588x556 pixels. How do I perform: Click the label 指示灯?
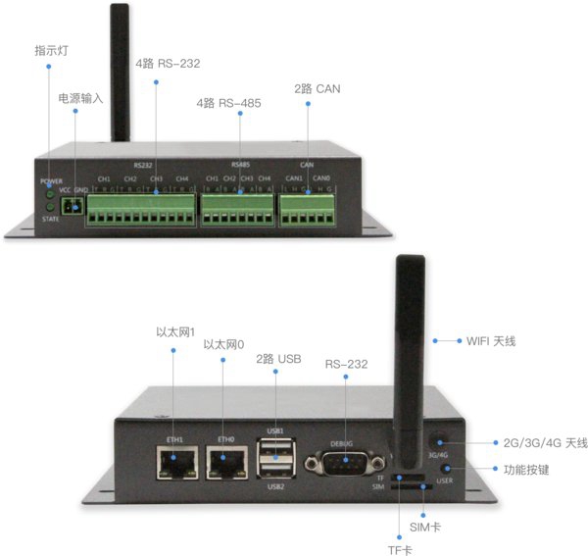point(50,51)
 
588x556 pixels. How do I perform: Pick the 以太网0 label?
point(223,345)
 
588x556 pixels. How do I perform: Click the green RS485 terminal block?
point(236,207)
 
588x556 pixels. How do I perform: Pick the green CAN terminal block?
point(308,206)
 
